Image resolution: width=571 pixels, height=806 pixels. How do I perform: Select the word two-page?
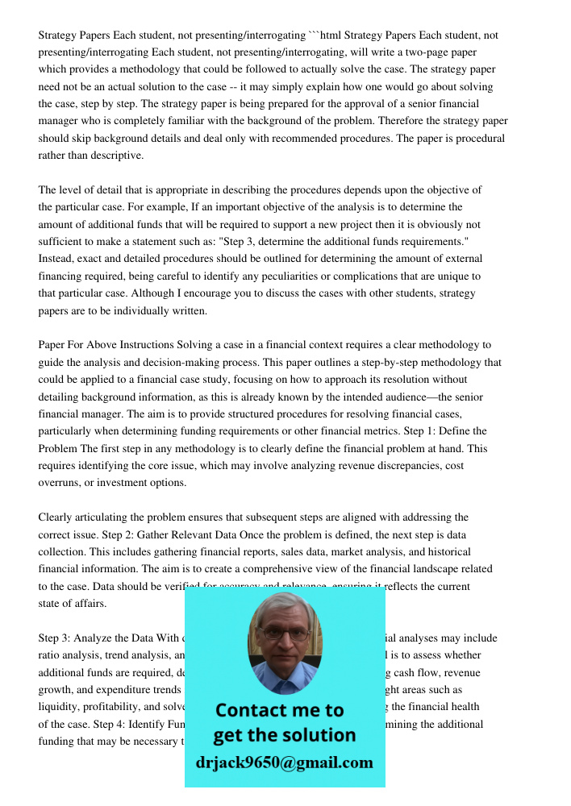(434, 52)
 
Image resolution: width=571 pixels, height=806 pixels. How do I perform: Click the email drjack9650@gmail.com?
(285, 762)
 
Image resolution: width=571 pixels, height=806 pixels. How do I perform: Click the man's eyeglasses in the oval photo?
(285, 634)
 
